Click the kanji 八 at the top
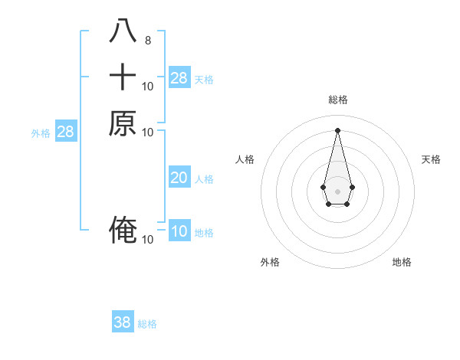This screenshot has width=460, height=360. (x=123, y=31)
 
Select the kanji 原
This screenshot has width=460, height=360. (x=123, y=123)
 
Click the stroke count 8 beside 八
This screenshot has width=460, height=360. (x=147, y=40)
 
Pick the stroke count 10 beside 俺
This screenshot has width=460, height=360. (x=148, y=240)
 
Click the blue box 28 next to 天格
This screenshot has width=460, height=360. (x=179, y=77)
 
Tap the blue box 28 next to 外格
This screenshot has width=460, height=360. (x=66, y=132)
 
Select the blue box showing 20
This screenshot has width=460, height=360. (x=179, y=178)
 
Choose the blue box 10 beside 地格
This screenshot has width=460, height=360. (x=179, y=231)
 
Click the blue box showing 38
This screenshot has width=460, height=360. (x=123, y=322)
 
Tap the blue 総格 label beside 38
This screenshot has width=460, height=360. (x=147, y=324)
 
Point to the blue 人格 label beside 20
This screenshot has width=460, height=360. (x=204, y=179)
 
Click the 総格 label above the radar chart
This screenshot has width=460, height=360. (x=338, y=100)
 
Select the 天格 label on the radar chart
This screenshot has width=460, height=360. (x=431, y=159)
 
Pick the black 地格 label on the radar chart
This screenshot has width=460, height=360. (x=402, y=262)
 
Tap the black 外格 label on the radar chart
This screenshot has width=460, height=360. (x=270, y=262)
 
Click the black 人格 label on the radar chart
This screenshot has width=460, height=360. (x=245, y=159)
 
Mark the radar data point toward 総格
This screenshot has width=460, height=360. (x=337, y=129)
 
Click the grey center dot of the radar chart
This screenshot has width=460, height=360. (x=337, y=191)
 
